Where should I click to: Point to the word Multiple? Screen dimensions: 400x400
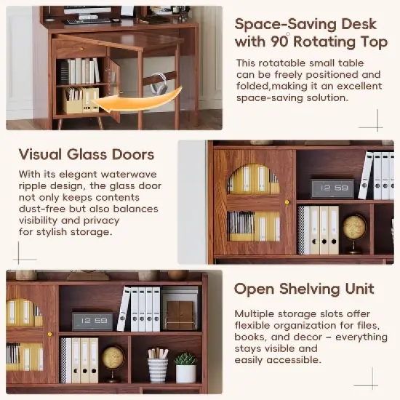point(255,313)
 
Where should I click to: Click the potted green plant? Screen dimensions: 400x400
point(186,367)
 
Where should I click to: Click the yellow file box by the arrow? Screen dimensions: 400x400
point(80,101)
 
